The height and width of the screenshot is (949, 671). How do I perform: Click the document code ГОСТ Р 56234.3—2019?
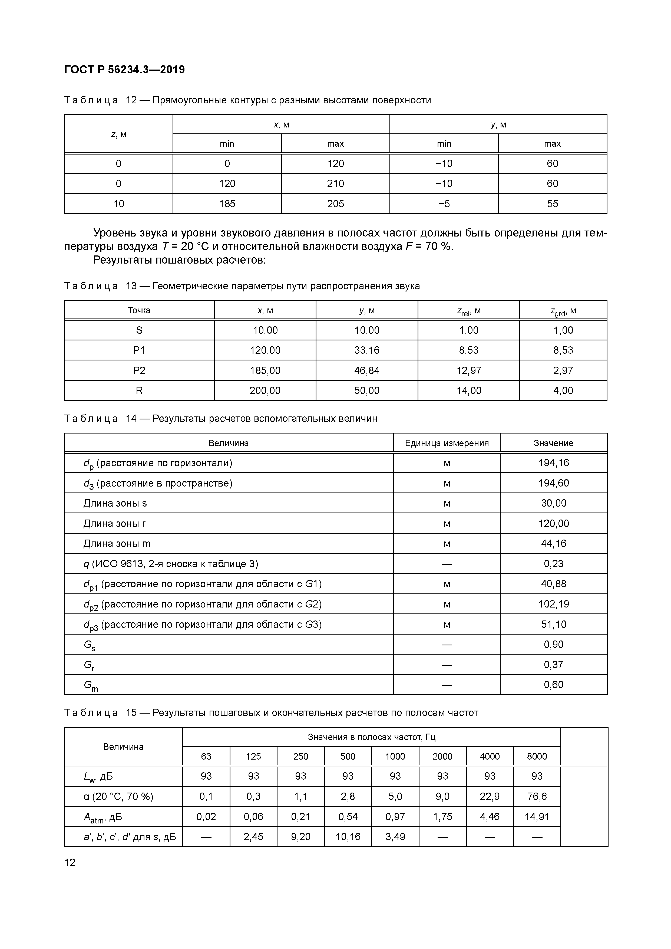(124, 70)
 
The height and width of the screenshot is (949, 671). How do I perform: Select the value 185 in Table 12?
(227, 204)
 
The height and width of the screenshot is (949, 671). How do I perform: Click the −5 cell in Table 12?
(444, 204)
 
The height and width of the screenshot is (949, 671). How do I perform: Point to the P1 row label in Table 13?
(139, 350)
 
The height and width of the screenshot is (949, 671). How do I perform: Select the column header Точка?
(139, 310)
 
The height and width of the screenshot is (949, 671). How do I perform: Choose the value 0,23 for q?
(553, 564)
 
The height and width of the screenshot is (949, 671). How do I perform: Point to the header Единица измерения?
(446, 443)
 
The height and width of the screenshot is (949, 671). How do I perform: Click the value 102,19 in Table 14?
(553, 604)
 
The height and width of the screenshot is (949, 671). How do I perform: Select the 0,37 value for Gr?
(553, 665)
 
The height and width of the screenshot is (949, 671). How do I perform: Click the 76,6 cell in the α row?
(537, 796)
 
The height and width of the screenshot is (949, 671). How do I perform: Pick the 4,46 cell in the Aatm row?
(490, 817)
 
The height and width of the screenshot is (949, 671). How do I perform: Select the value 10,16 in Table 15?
(348, 837)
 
